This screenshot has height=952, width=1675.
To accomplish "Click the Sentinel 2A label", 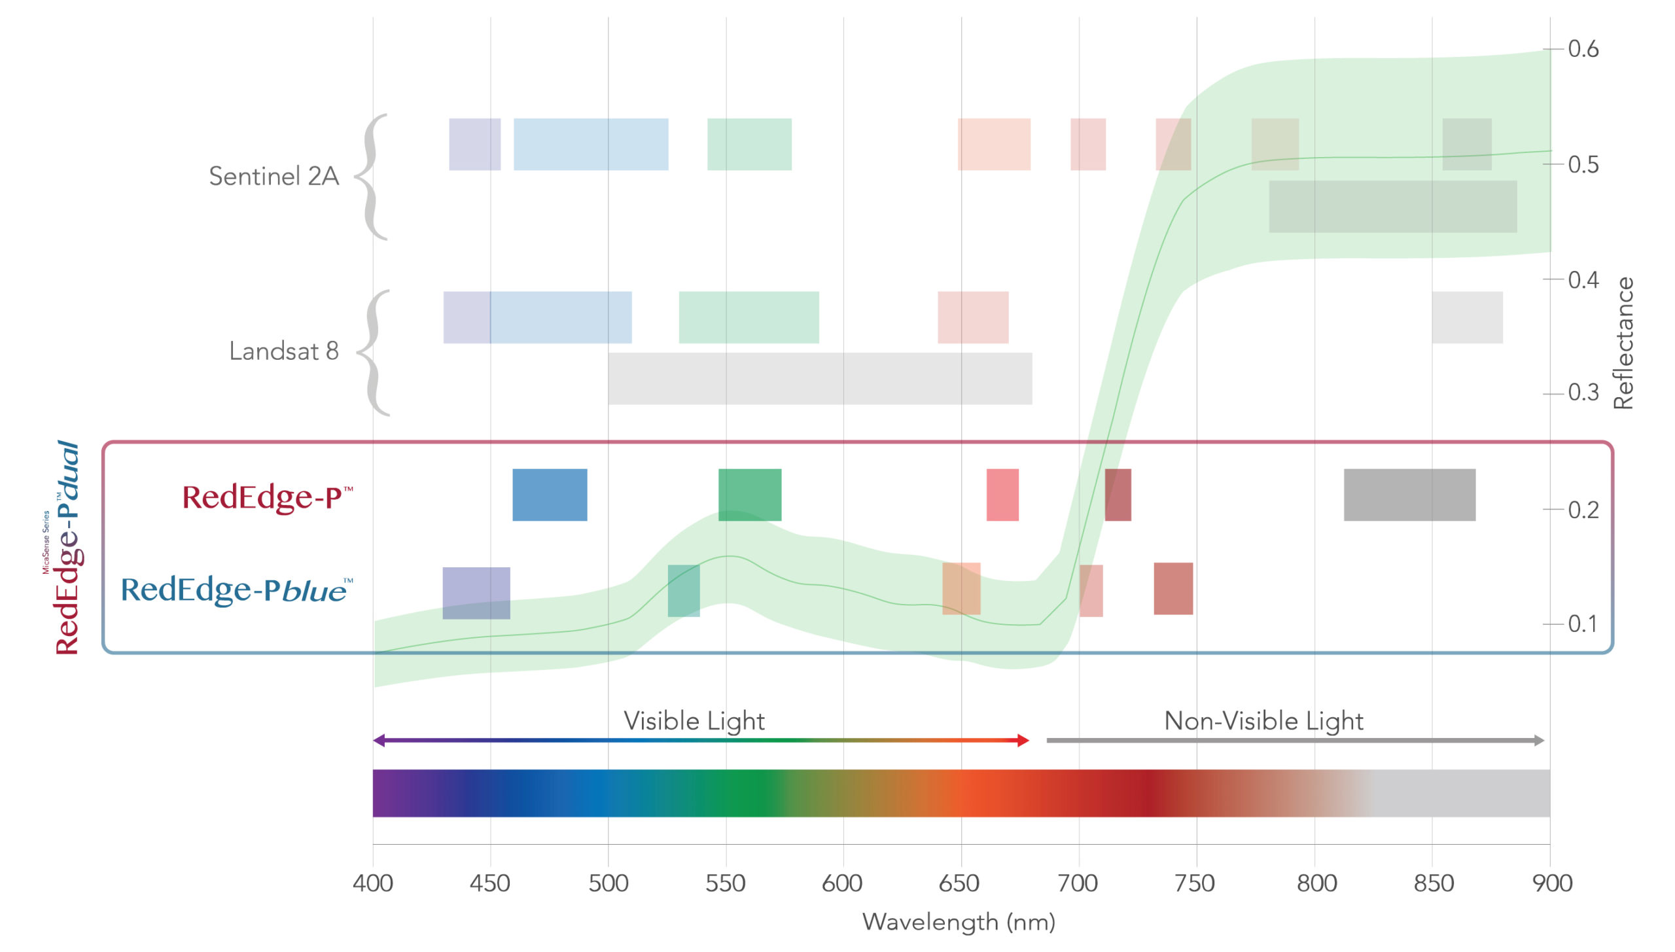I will tap(273, 176).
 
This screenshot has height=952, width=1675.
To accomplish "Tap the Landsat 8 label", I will tap(283, 351).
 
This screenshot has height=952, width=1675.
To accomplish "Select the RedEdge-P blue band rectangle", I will tap(549, 495).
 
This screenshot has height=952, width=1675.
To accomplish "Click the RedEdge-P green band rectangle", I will tap(749, 495).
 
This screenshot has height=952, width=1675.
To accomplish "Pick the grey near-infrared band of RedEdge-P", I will tap(1409, 495).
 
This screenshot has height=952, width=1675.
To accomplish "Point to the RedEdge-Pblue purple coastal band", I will tap(476, 593).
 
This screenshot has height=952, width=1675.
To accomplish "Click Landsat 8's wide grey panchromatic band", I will tap(819, 378).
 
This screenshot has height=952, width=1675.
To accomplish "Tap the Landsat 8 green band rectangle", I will tap(749, 317).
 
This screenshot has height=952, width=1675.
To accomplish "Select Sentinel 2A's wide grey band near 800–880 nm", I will tap(1392, 206).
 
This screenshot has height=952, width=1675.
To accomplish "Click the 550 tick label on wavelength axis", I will tap(725, 883).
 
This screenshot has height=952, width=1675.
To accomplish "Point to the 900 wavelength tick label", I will tap(1551, 883).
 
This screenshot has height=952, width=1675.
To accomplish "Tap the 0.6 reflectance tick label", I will tap(1583, 49).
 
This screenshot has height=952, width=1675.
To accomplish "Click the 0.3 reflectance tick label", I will tap(1583, 393).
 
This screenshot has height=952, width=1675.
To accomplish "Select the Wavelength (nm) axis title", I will tap(959, 922).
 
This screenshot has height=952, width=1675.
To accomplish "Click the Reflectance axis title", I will tap(1623, 344).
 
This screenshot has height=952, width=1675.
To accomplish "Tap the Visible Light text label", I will tap(694, 721).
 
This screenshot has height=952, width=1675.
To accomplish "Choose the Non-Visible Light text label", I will tap(1263, 721).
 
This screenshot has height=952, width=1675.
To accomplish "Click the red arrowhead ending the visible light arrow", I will tap(1023, 741).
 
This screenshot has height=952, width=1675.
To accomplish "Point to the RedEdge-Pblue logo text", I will tap(236, 590).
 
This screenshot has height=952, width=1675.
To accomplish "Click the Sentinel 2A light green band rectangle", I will tap(749, 144).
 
